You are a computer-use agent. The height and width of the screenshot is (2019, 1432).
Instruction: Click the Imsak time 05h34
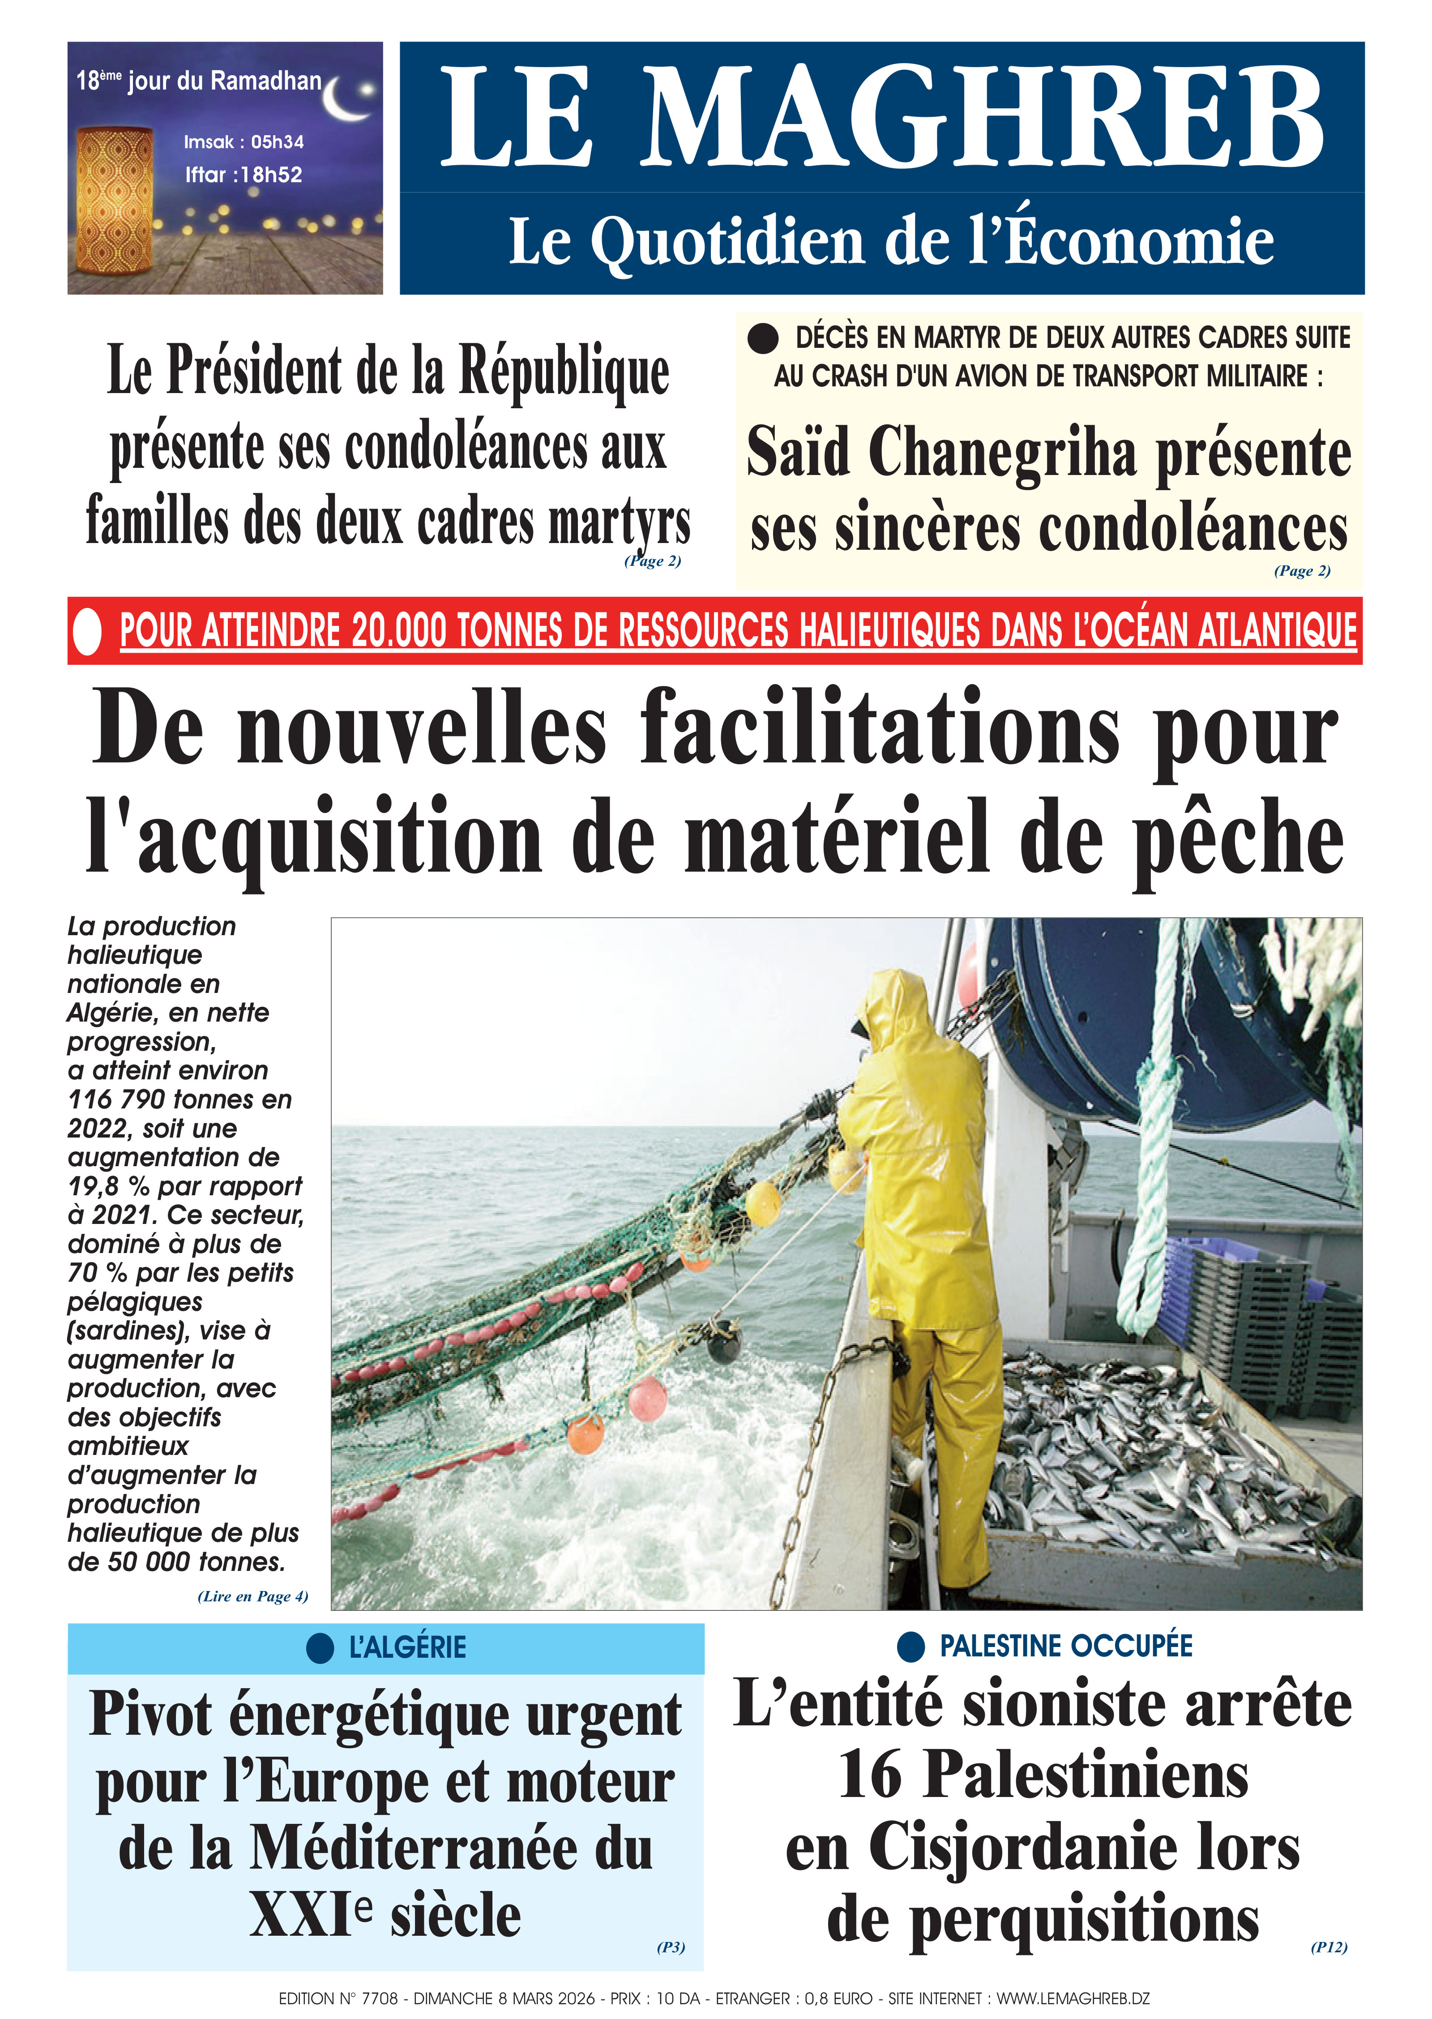click(x=277, y=142)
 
